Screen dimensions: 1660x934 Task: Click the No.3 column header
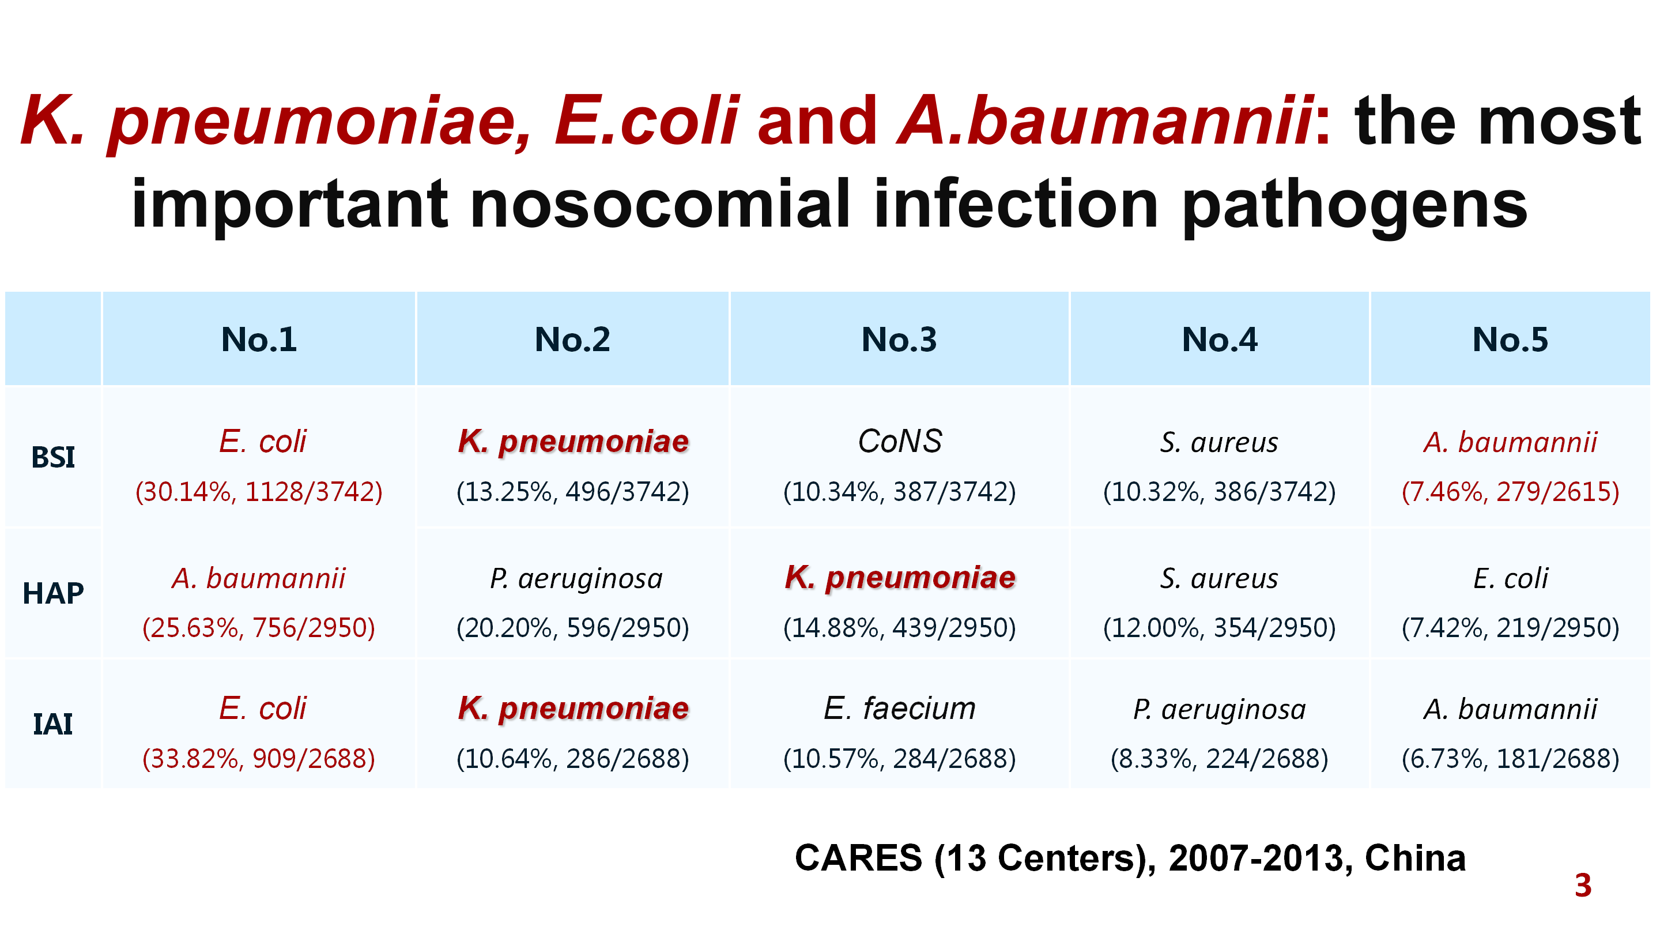point(899,339)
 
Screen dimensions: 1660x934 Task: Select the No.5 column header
point(1510,339)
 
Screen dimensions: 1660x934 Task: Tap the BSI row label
point(53,457)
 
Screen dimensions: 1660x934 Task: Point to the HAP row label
point(53,593)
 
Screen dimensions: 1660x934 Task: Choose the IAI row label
point(53,724)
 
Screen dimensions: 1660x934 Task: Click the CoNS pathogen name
point(900,442)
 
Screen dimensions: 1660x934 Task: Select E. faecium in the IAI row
point(900,709)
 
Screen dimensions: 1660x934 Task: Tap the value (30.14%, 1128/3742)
point(259,492)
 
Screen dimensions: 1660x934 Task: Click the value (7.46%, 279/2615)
point(1511,492)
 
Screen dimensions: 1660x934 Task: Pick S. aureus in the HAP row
point(1219,578)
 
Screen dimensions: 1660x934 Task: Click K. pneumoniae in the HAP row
point(900,578)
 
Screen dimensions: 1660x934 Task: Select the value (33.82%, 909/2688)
point(259,759)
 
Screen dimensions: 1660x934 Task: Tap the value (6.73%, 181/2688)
point(1511,759)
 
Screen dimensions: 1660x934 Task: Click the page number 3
point(1583,886)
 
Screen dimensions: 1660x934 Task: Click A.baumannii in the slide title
point(1105,120)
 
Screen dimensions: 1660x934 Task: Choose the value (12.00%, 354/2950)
point(1219,628)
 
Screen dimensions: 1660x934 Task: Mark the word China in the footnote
point(1415,858)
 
